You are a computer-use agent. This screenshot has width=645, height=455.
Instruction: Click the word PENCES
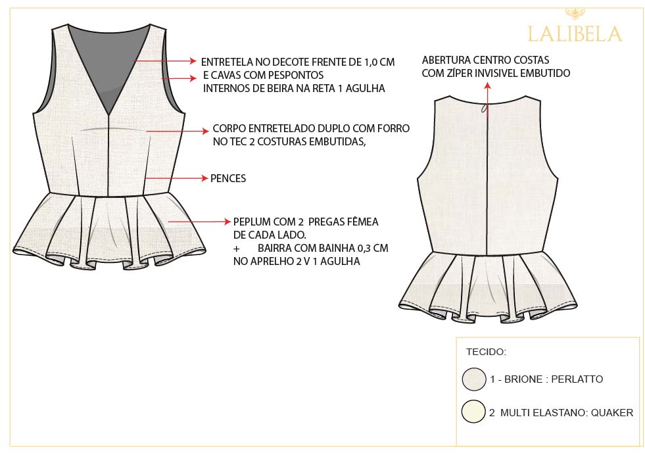[228, 179]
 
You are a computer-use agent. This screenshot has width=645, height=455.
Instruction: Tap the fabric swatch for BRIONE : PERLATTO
[474, 379]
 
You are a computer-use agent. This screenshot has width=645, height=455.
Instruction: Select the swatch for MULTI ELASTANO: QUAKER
[473, 412]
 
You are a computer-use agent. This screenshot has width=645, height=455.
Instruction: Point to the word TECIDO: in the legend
[487, 352]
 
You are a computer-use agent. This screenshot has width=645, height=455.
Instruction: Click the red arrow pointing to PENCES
[177, 178]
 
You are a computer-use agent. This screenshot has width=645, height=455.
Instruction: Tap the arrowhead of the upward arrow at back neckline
[487, 85]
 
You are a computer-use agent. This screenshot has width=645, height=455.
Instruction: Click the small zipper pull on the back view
[485, 108]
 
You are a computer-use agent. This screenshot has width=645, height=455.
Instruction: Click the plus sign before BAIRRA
[236, 249]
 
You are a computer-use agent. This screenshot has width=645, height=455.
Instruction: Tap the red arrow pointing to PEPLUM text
[199, 222]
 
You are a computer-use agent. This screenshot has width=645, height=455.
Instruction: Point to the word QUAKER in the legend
[612, 413]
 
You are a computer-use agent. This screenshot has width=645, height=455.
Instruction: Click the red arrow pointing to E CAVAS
[179, 78]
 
